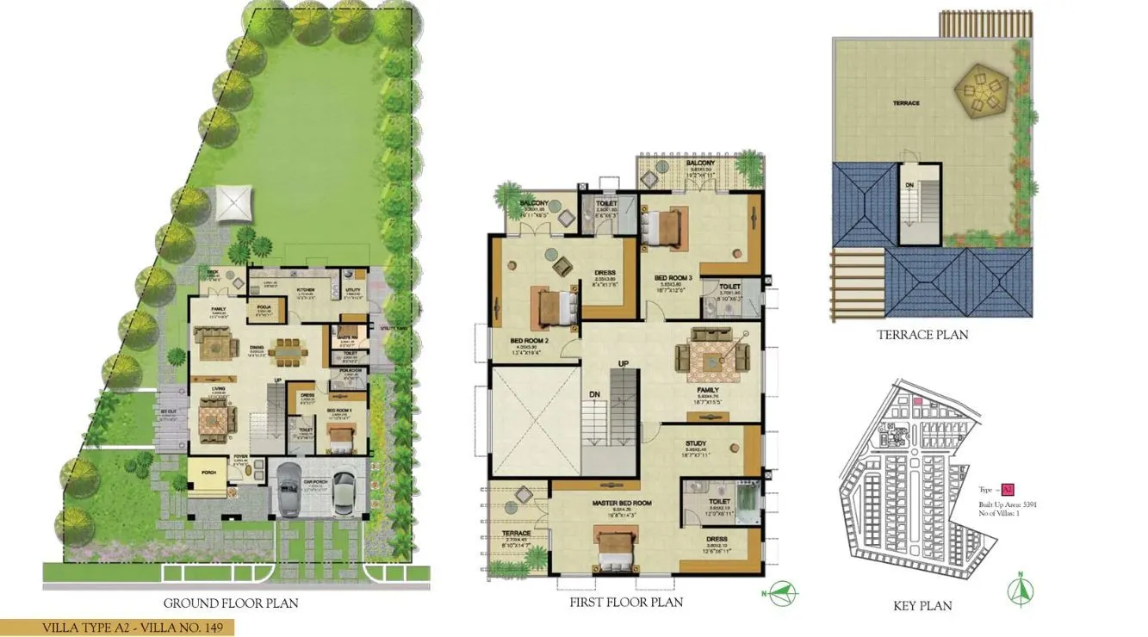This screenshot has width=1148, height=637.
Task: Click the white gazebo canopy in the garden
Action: tap(233, 203)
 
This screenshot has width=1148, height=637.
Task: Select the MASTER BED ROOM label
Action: tap(621, 503)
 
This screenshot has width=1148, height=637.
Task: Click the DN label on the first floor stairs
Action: tap(594, 395)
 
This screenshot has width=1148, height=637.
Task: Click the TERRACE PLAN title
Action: tap(922, 335)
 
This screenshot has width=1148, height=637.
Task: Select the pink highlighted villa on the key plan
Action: tap(917, 400)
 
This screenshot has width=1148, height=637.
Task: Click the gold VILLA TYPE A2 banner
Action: tap(117, 628)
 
